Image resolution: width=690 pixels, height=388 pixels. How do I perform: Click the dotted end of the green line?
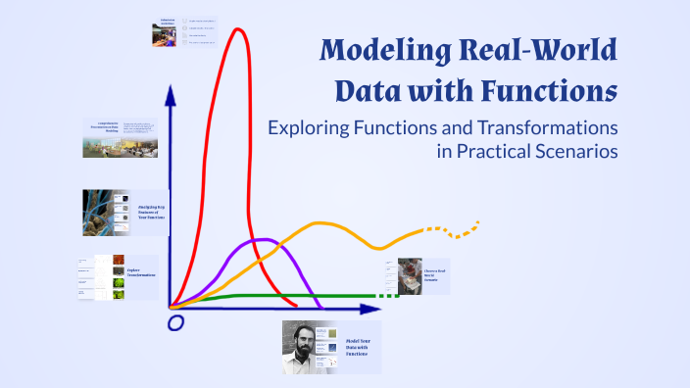pos(390,295)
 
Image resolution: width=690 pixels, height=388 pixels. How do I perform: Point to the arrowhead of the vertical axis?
pos(171,94)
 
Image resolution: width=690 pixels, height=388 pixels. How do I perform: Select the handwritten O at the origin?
pos(175,322)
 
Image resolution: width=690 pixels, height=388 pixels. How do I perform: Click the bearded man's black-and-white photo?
pos(304,347)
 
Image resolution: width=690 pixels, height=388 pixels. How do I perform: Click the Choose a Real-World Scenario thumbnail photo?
pos(403,273)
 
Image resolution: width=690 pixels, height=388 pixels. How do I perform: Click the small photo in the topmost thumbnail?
pos(163,35)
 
